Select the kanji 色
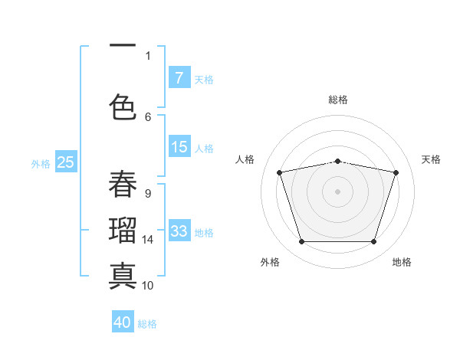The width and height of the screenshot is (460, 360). pyautogui.click(x=123, y=106)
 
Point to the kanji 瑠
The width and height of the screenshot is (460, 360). pyautogui.click(x=123, y=229)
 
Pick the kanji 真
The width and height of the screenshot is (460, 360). pyautogui.click(x=123, y=274)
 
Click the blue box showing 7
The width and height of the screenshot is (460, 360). pyautogui.click(x=179, y=78)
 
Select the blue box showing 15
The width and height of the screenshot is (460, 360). pyautogui.click(x=179, y=148)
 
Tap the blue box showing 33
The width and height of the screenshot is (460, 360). pyautogui.click(x=179, y=231)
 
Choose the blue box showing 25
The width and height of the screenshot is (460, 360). pyautogui.click(x=66, y=162)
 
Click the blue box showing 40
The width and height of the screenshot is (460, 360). pyautogui.click(x=123, y=322)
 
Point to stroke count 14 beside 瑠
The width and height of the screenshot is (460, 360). pyautogui.click(x=148, y=240)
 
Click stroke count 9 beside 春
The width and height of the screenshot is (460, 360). pyautogui.click(x=147, y=194)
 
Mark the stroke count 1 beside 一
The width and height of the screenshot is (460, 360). pyautogui.click(x=148, y=55)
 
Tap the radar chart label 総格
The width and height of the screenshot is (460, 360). pyautogui.click(x=337, y=100)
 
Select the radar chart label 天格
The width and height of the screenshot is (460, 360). pyautogui.click(x=431, y=159)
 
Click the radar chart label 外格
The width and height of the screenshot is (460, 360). pyautogui.click(x=270, y=262)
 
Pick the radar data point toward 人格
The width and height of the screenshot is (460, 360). pyautogui.click(x=280, y=172)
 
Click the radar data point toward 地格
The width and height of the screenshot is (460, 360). pyautogui.click(x=373, y=242)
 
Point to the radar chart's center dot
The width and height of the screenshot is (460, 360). pyautogui.click(x=337, y=191)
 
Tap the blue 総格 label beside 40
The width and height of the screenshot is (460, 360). pyautogui.click(x=147, y=324)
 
